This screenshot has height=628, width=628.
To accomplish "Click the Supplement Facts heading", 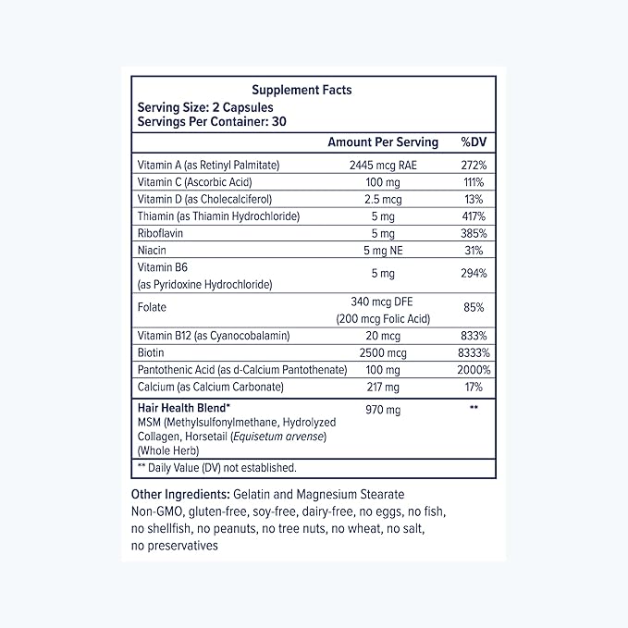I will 302,91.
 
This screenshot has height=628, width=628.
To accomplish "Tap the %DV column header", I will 474,142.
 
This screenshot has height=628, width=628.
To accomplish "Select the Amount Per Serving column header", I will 383,142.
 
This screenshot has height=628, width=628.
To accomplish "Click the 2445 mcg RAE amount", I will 383,165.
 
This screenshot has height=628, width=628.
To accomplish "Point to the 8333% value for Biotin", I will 473,352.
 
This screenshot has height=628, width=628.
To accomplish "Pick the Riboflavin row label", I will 161,233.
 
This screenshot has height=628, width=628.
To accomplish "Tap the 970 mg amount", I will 383,407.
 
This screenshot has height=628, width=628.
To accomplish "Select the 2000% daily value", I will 473,369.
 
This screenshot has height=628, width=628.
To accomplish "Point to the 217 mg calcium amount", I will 383,387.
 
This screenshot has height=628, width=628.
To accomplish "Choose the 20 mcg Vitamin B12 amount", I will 383,335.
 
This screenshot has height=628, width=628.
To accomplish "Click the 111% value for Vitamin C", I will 474,182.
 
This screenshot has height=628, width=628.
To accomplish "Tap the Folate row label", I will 152,306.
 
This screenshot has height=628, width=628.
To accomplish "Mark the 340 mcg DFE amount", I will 383,300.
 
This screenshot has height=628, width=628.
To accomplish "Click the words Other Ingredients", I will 180,496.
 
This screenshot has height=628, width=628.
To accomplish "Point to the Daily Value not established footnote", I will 216,468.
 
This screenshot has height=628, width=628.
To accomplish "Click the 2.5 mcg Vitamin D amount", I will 383,199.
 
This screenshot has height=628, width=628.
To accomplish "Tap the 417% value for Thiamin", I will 474,216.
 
